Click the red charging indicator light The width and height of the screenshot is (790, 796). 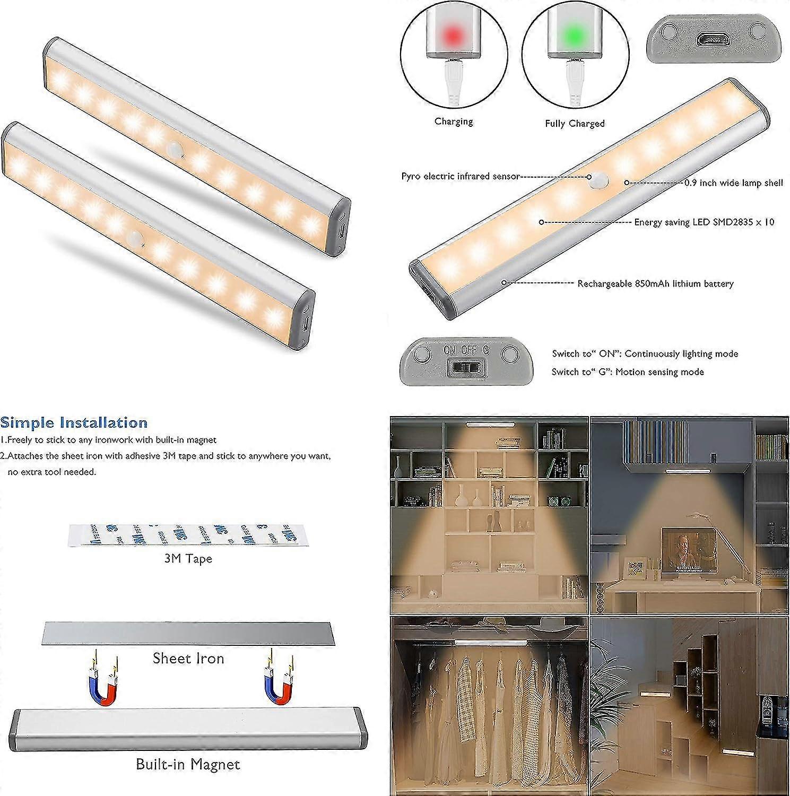pos(453,35)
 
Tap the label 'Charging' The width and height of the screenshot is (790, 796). pos(454,122)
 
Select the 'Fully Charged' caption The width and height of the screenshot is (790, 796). pos(575,124)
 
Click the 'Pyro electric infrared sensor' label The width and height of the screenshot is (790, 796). pos(460,176)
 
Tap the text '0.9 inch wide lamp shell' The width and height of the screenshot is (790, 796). pos(733,183)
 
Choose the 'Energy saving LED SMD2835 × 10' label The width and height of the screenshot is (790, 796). pos(704,222)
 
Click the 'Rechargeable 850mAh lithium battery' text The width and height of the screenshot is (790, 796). pos(655,283)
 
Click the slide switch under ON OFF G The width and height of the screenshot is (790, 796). pos(464,367)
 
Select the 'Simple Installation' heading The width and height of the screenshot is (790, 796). pos(74,423)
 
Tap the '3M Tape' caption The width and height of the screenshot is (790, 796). pos(188,558)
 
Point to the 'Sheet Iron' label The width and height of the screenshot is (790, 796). pos(188,659)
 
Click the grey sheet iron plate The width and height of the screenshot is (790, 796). pos(189,633)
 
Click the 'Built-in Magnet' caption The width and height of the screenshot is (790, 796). pos(188,764)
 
